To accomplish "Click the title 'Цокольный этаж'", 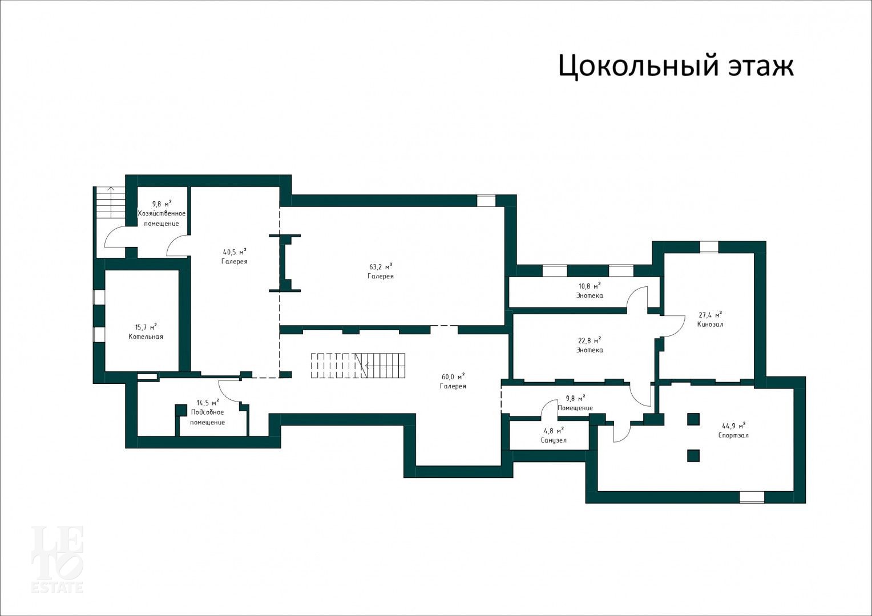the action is (x=676, y=66).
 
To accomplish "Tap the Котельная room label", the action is (x=146, y=337).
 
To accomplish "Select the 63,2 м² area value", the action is (x=380, y=266).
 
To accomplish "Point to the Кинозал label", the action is (x=710, y=324).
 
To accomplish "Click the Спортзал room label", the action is (x=733, y=435).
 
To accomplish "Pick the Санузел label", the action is (x=554, y=440).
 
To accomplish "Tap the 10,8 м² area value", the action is (x=590, y=286).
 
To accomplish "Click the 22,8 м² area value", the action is (x=590, y=341).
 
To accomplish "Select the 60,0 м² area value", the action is (x=453, y=376).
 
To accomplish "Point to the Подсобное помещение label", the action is (x=208, y=417).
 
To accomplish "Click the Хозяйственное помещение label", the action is (x=162, y=218).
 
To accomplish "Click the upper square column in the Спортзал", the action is (x=693, y=419).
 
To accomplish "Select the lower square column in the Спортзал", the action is (x=693, y=455).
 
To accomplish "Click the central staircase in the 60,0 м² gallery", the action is (x=358, y=366).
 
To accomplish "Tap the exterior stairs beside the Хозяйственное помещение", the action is (x=111, y=202).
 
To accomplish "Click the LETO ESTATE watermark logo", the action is (x=57, y=560).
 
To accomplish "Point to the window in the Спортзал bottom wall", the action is (x=752, y=497).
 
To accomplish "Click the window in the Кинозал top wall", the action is (x=709, y=247).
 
